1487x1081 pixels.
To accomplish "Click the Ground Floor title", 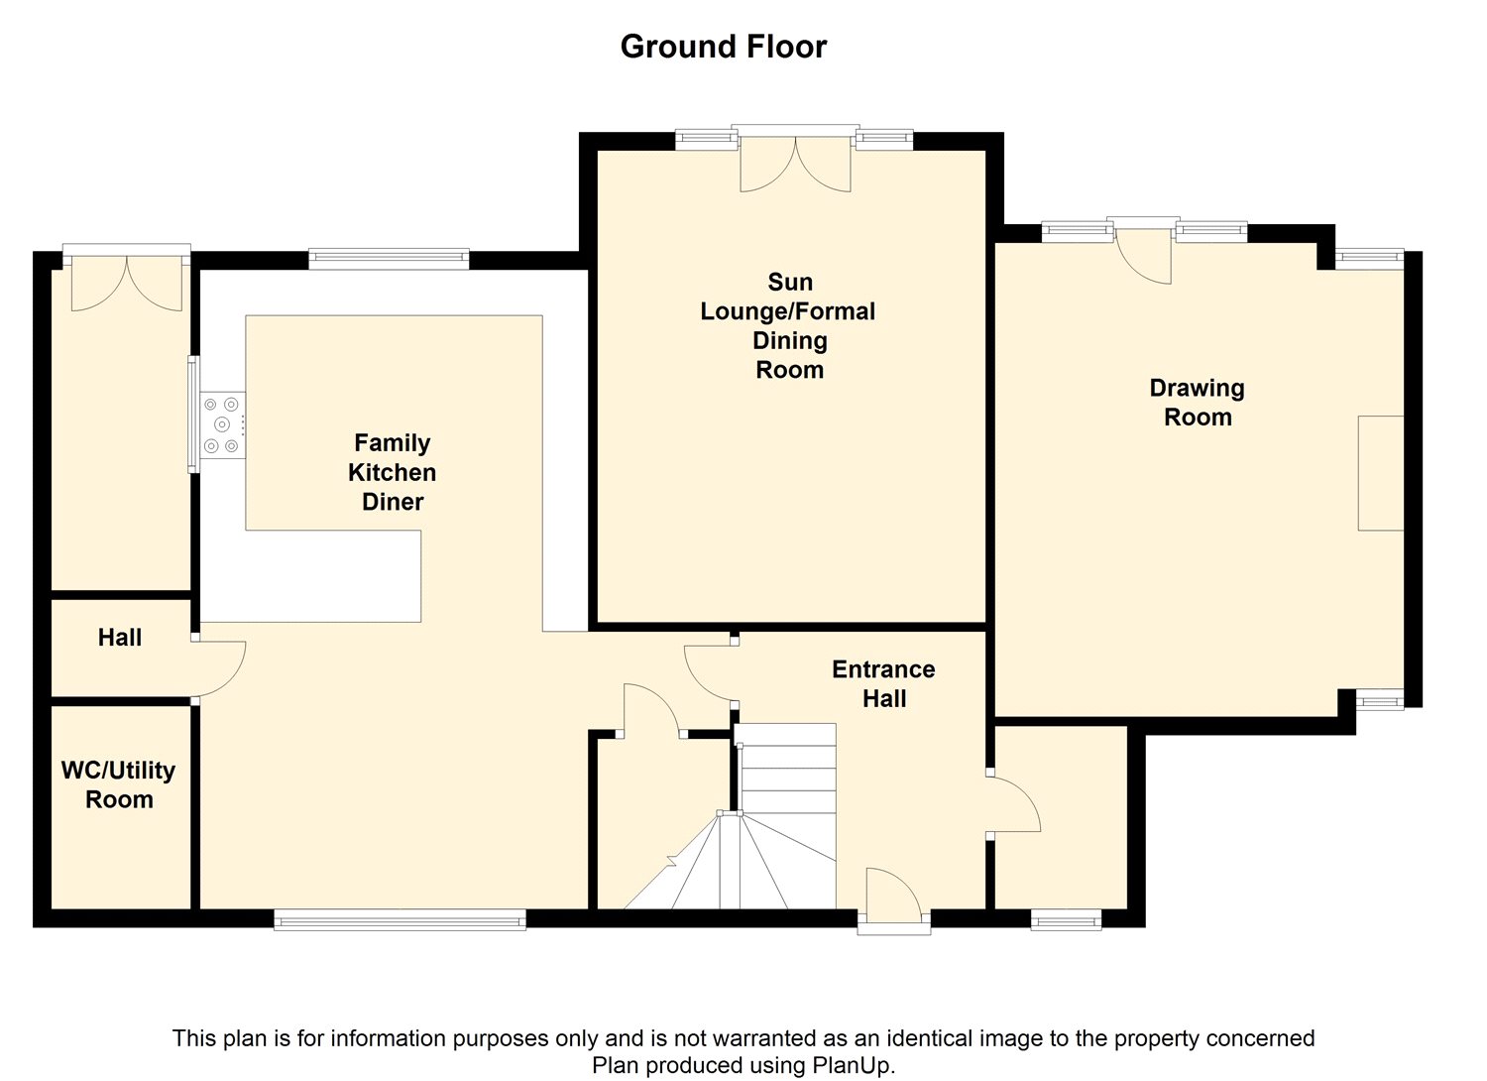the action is [724, 47].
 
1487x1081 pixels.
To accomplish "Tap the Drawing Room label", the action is [1198, 403].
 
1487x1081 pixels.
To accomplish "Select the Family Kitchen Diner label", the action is [393, 472].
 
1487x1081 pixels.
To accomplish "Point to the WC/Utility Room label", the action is [119, 784].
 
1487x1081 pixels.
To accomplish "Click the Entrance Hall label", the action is [883, 684].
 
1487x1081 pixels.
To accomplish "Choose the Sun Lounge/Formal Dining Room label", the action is [789, 325].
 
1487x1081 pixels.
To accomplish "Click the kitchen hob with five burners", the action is [222, 425].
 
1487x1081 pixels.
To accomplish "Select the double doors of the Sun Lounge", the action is [795, 163].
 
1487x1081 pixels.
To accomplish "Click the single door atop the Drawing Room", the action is [1143, 256].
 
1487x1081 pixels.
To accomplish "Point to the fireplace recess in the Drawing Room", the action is [1381, 473].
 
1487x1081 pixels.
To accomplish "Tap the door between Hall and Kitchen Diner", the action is [219, 668].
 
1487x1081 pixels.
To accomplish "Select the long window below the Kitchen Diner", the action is [400, 919].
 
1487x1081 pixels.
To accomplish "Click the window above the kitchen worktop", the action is [389, 259].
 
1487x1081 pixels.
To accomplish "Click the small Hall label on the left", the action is [120, 638].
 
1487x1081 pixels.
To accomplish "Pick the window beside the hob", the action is [193, 415].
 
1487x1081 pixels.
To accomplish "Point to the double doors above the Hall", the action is [126, 279].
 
